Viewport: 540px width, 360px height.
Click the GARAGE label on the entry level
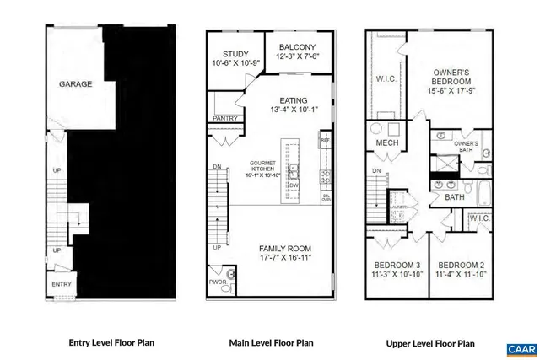(74, 85)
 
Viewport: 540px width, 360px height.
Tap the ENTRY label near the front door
(62, 285)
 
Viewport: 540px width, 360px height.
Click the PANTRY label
(224, 119)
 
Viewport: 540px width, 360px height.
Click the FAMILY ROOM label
(285, 249)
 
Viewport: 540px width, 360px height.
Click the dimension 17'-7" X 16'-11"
(285, 259)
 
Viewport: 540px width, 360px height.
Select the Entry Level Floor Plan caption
(111, 343)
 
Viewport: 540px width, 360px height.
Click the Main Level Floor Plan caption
(270, 343)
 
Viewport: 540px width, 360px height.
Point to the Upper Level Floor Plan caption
(430, 343)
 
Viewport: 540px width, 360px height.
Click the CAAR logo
(516, 347)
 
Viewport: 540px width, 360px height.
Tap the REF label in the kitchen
(325, 135)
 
